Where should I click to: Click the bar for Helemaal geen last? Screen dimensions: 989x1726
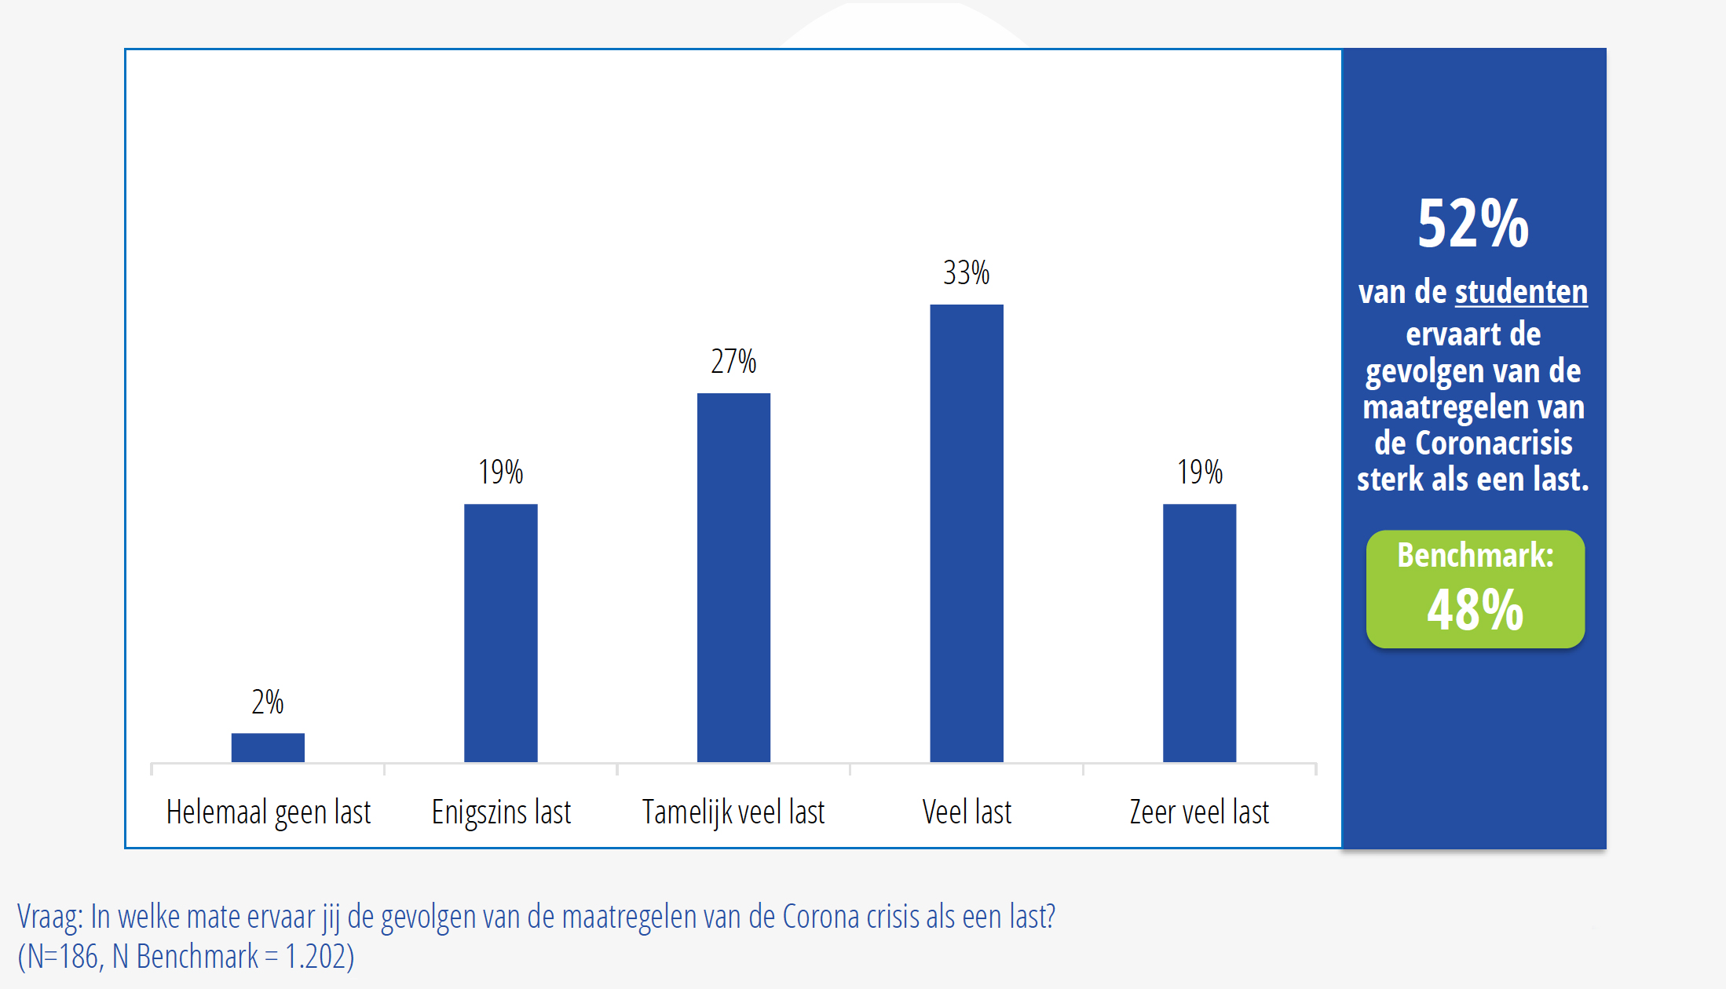[x=268, y=747]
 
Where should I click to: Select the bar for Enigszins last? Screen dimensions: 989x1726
[x=500, y=633]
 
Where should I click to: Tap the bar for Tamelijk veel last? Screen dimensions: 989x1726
[x=733, y=577]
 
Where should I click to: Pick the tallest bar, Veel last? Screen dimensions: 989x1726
[x=966, y=533]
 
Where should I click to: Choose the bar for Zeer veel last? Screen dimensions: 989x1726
[x=1199, y=633]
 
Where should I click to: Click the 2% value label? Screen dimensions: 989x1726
[x=268, y=702]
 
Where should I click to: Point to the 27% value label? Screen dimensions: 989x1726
[x=733, y=362]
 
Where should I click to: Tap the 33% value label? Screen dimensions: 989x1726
[x=966, y=273]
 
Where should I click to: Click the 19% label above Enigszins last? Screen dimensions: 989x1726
[x=500, y=473]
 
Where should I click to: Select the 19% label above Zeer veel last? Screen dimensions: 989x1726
[x=1199, y=473]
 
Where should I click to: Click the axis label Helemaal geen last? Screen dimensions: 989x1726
[x=268, y=812]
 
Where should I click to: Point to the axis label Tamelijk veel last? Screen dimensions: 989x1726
[x=733, y=812]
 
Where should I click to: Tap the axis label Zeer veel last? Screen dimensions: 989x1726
[x=1199, y=812]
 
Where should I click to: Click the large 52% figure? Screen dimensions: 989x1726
[x=1473, y=224]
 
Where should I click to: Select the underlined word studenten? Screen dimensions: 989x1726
[x=1521, y=292]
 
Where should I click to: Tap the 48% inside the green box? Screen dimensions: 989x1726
[x=1475, y=611]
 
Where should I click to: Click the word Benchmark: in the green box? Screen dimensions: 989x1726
[x=1475, y=556]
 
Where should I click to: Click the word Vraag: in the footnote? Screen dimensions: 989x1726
[x=50, y=917]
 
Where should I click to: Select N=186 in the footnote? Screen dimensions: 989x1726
[x=64, y=957]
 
